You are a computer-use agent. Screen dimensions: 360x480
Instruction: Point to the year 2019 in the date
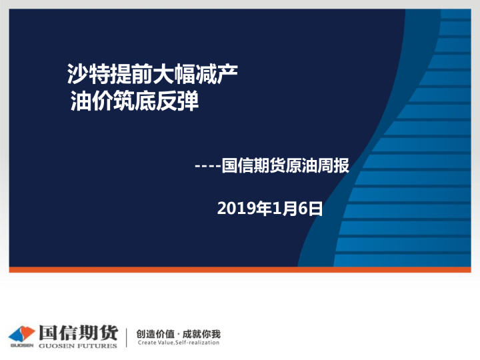click(x=233, y=209)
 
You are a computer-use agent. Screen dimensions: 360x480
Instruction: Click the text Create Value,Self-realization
click(x=178, y=343)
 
